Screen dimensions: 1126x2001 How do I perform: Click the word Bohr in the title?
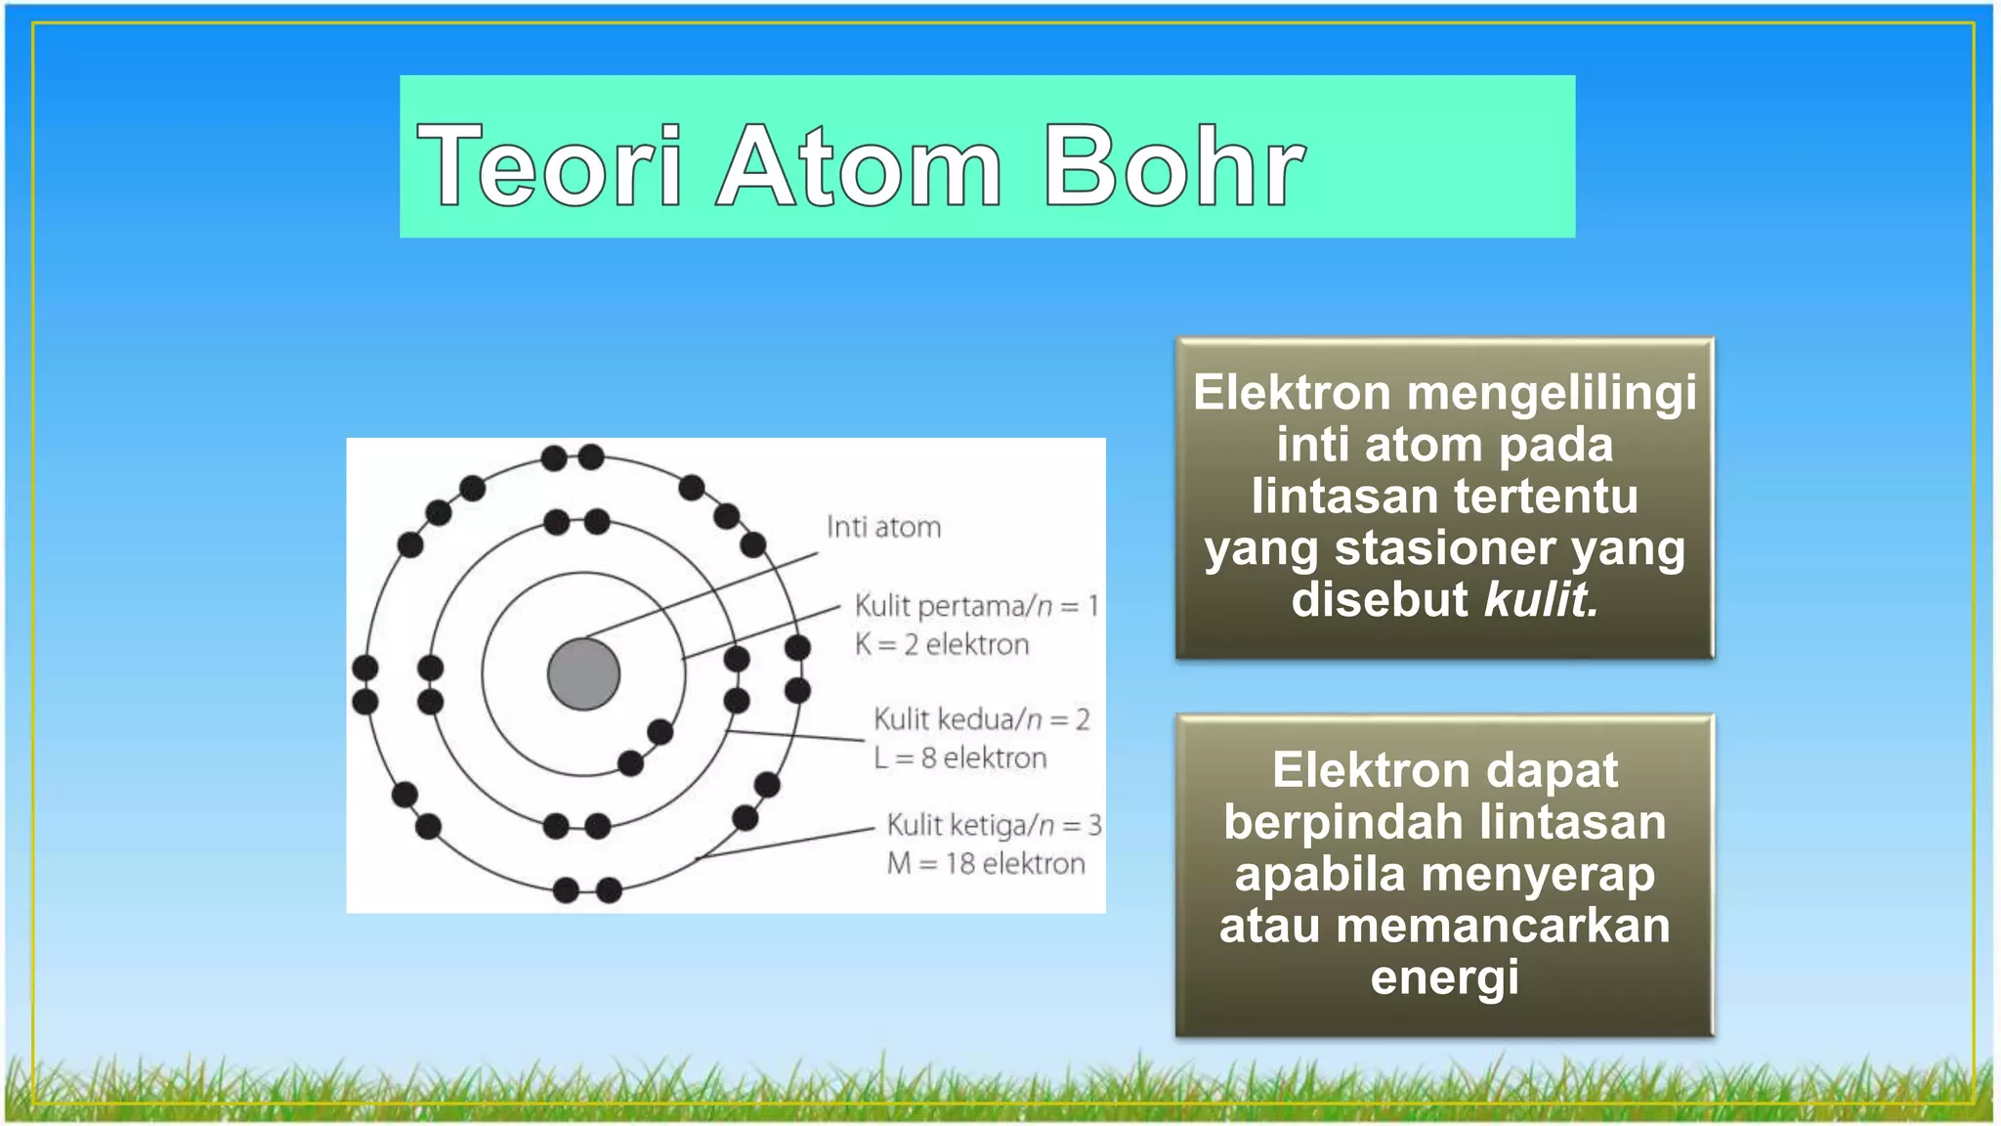(1173, 168)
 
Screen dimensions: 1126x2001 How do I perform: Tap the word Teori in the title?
(550, 168)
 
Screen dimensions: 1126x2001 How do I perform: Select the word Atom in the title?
(861, 168)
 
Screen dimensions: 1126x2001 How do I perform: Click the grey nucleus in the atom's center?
(583, 674)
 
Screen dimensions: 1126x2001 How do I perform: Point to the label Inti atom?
(883, 528)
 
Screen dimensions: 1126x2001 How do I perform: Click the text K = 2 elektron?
(942, 645)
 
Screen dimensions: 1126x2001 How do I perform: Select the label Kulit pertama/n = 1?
(976, 606)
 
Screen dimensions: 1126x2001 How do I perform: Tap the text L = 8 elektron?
(959, 758)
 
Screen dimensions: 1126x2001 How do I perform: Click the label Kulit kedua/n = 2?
(981, 720)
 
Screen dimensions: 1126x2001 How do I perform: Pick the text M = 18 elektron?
(986, 864)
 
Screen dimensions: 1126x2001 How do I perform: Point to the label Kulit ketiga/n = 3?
(994, 826)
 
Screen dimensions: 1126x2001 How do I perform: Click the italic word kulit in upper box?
(1541, 600)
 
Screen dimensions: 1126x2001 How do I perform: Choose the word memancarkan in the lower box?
(1503, 926)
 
